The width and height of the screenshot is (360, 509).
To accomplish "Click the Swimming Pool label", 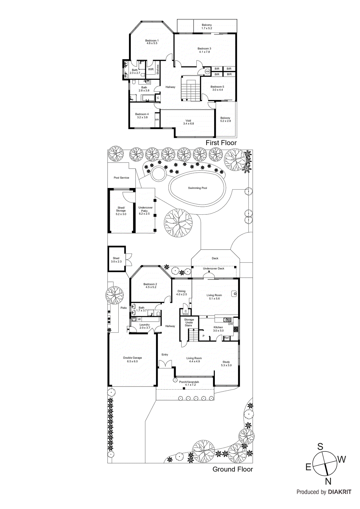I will (197, 188).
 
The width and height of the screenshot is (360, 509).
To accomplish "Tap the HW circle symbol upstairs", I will (208, 72).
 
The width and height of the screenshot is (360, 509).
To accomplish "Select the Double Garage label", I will (132, 359).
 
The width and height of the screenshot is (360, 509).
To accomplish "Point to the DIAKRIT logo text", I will (340, 492).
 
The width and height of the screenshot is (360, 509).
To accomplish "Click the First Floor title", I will (221, 143).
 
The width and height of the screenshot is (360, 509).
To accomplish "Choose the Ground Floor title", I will (232, 469).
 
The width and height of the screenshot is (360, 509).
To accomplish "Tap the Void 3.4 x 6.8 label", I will (188, 122).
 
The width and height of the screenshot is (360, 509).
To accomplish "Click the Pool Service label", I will (121, 178).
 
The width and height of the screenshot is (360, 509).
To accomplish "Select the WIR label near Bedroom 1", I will (151, 69).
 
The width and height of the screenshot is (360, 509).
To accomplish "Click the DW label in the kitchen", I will (231, 324).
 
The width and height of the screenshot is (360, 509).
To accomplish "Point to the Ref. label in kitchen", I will (227, 338).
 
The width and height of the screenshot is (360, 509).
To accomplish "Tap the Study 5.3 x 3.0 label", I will (226, 364).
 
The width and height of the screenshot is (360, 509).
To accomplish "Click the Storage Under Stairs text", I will (189, 323).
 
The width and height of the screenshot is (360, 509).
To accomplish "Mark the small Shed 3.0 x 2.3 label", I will (116, 260).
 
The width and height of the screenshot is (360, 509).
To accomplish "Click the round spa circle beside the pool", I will (157, 174).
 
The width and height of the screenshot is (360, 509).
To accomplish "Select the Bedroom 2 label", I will (150, 286).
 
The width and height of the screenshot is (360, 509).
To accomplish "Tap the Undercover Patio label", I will (145, 211).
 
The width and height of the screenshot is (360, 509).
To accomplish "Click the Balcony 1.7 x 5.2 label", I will (207, 26).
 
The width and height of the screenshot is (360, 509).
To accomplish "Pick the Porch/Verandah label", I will (189, 383).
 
